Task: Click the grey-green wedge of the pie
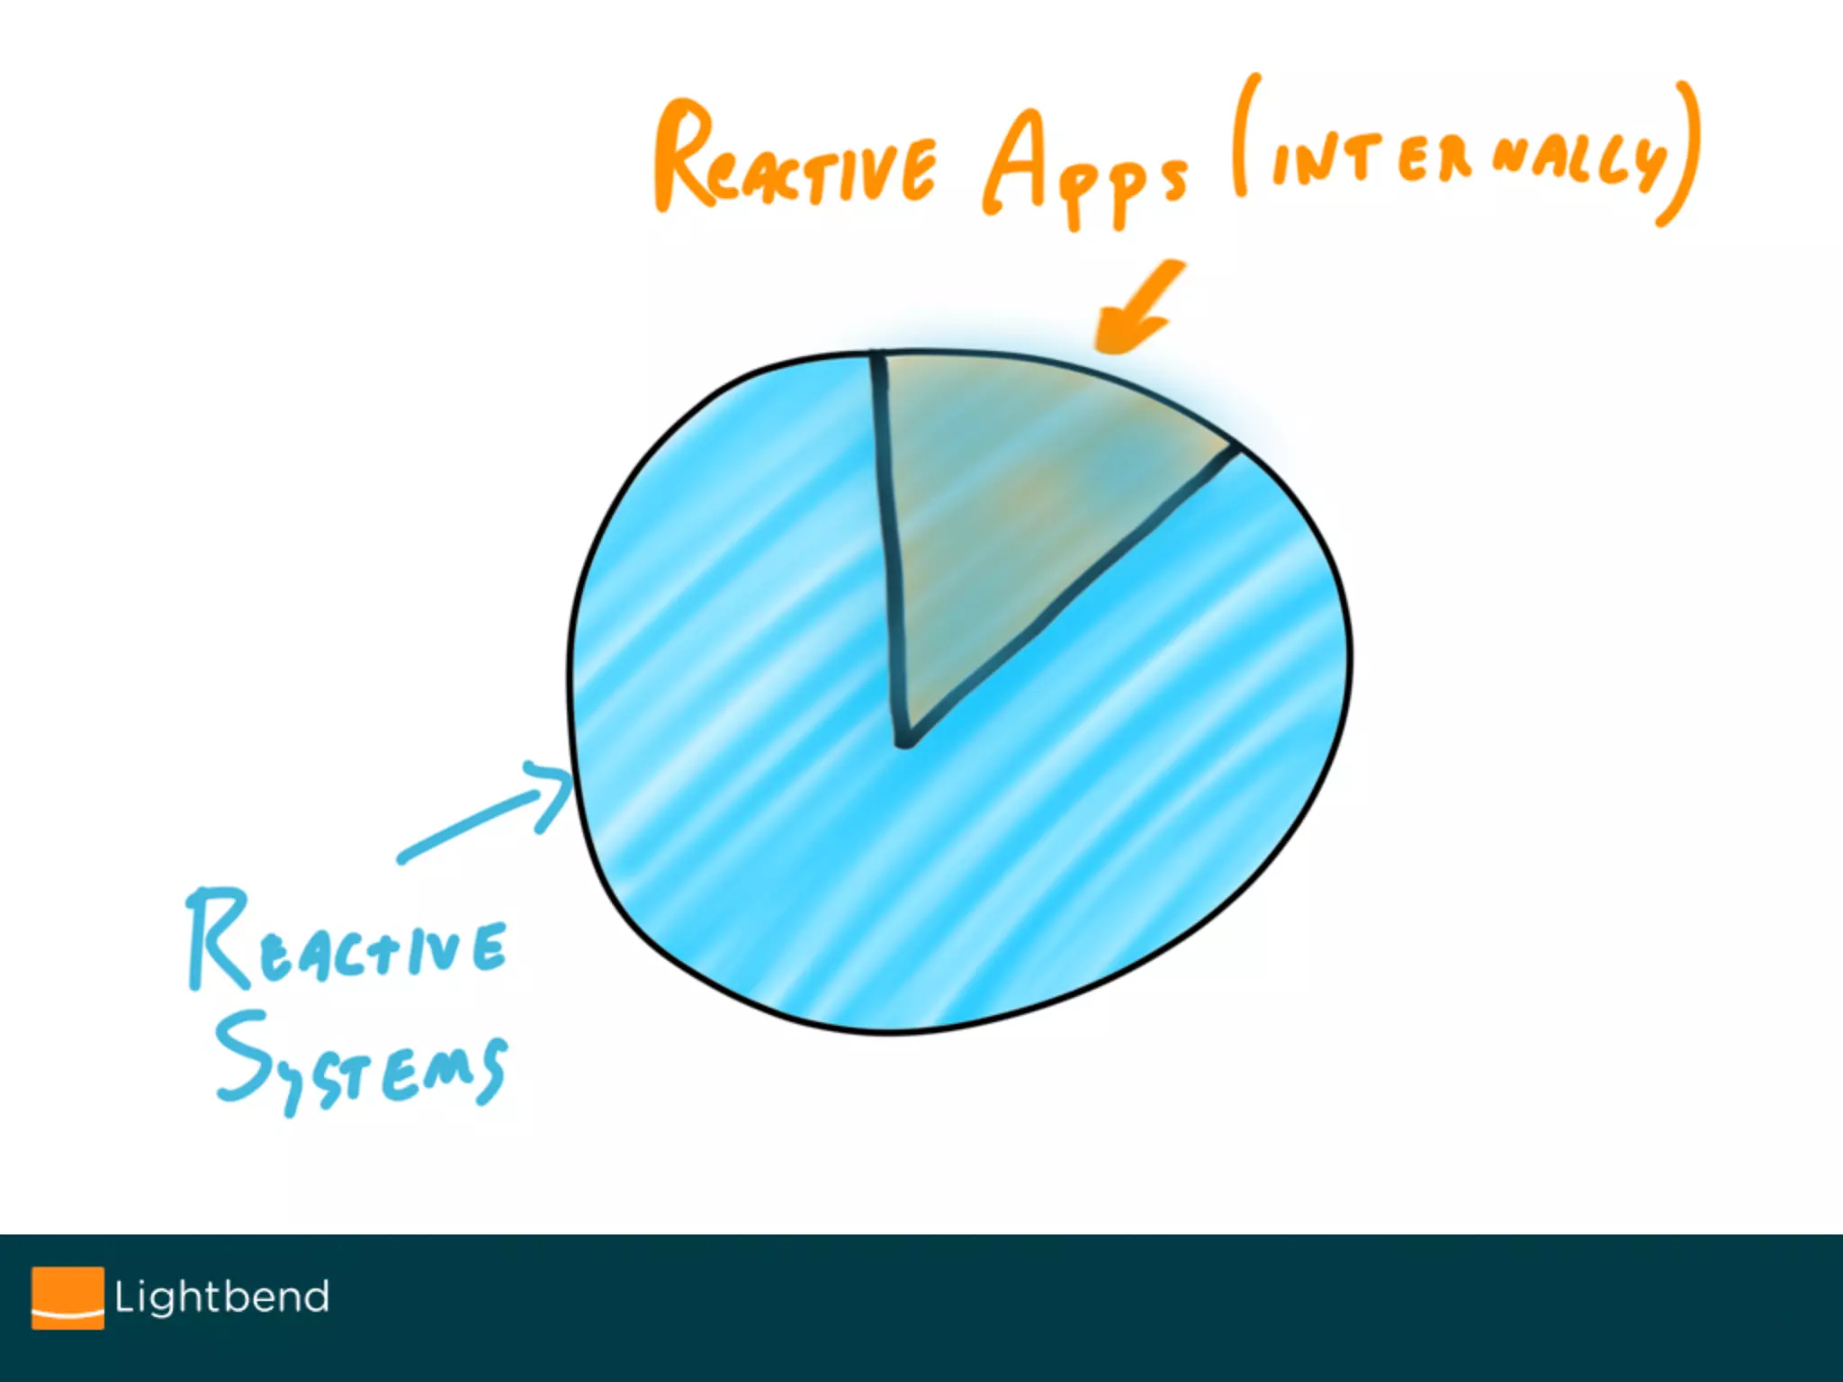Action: pyautogui.click(x=1017, y=504)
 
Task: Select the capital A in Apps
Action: pyautogui.click(x=1017, y=162)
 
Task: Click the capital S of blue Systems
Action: pyautogui.click(x=243, y=1053)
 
